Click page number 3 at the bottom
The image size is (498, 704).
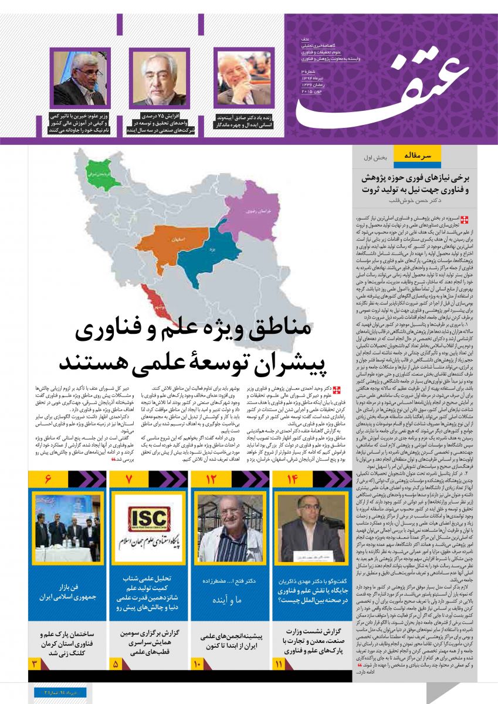tap(35, 664)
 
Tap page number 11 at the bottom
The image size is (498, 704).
tap(278, 664)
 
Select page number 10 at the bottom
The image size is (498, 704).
tap(198, 664)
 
